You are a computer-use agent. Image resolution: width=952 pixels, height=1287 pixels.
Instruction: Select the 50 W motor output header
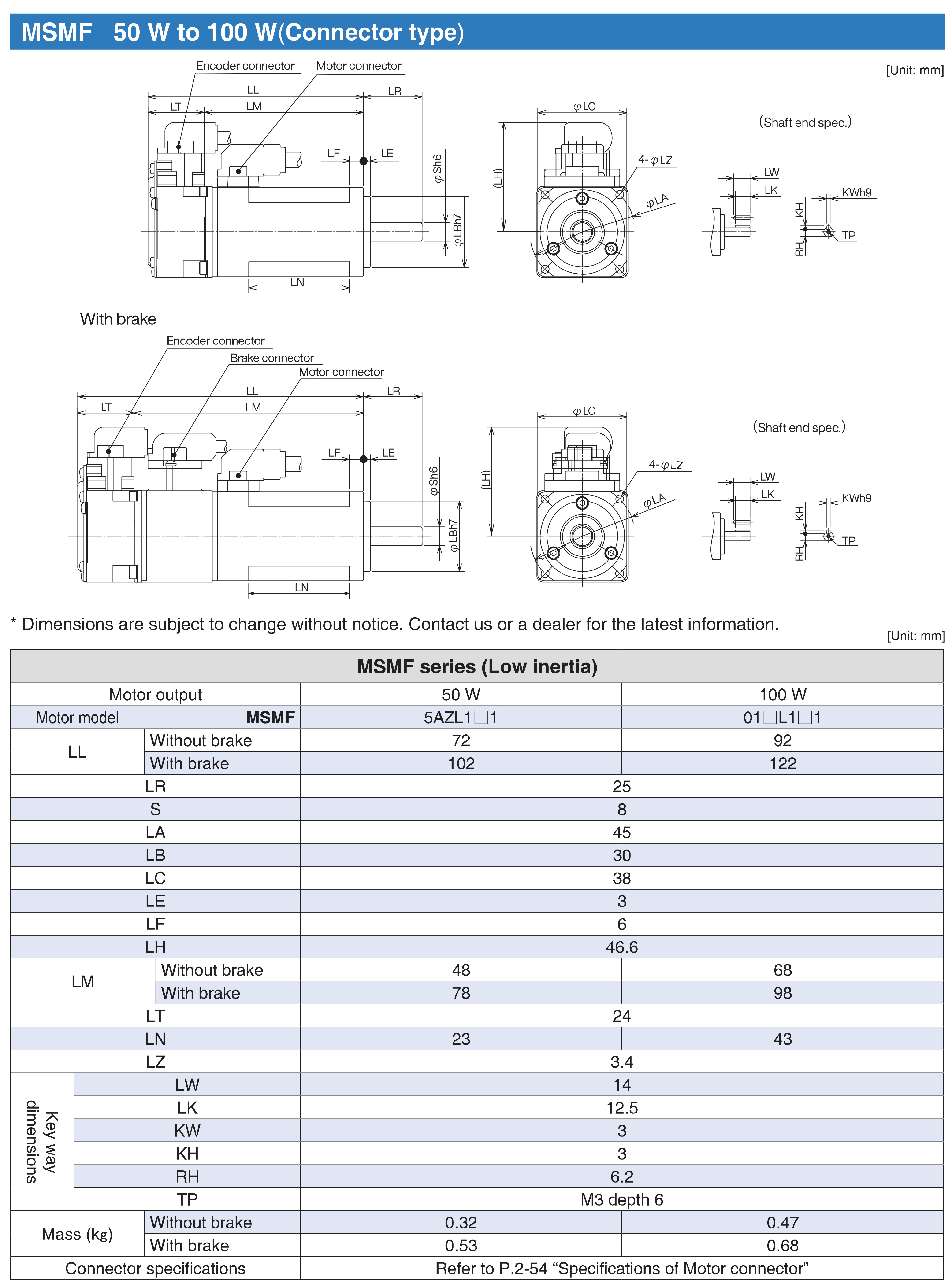click(461, 694)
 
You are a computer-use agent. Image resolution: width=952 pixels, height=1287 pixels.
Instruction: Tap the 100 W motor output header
click(782, 694)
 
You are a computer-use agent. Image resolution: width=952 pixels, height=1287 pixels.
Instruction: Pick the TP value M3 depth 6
click(621, 1199)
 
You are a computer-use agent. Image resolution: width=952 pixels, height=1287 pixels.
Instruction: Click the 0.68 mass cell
click(782, 1246)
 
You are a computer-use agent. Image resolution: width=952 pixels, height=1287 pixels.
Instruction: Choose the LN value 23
click(461, 1039)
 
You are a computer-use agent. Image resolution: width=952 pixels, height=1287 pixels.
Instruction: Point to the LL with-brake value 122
click(782, 763)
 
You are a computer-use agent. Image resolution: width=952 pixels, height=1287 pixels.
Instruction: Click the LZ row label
click(155, 1062)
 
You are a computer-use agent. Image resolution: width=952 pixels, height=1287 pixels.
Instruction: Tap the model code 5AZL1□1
click(461, 717)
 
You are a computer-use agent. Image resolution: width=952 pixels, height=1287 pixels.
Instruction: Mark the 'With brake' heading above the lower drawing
click(118, 319)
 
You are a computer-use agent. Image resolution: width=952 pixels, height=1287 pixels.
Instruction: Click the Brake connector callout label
click(271, 358)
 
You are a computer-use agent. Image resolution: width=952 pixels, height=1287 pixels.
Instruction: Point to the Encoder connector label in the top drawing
click(245, 66)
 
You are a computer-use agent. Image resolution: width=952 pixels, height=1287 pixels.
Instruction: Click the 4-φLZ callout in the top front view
click(655, 160)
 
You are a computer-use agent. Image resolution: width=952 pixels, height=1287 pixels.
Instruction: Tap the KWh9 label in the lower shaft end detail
click(856, 498)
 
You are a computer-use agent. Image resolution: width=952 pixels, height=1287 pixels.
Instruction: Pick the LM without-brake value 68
click(782, 970)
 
